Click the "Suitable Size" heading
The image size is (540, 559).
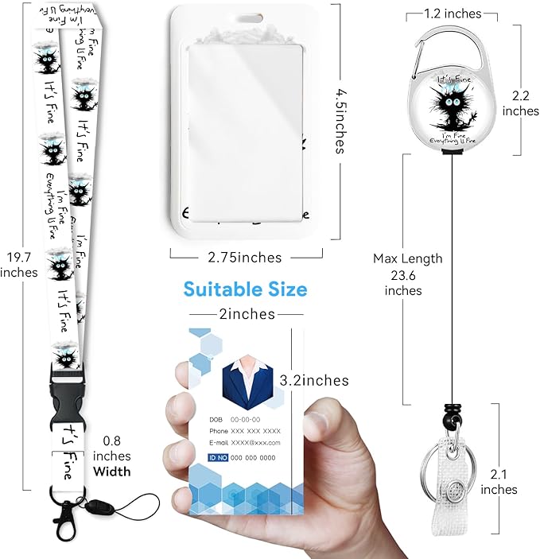pos(245,289)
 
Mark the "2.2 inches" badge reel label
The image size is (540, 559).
pos(521,103)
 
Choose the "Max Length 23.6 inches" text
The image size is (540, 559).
pos(408,274)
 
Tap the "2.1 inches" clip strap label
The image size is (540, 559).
pos(499,480)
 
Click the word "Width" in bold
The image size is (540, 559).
pos(112,471)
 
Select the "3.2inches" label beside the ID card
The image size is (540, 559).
pos(313,380)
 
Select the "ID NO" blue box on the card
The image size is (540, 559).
pos(218,457)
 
